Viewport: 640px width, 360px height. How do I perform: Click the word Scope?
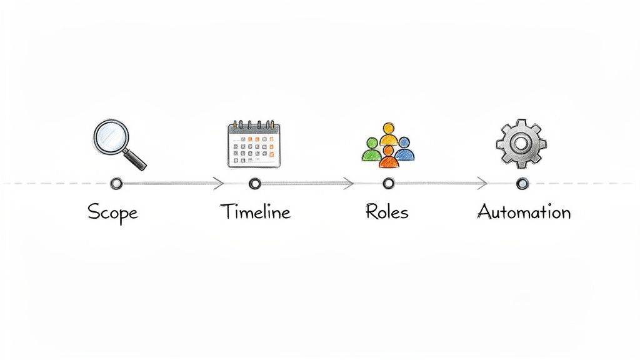pos(112,212)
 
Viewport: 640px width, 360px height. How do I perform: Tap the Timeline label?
pos(255,212)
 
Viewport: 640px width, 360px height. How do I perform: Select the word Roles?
pos(387,212)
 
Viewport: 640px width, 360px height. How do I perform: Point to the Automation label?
pos(524,212)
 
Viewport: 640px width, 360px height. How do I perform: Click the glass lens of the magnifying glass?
pos(111,136)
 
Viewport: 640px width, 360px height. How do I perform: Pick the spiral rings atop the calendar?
pos(254,124)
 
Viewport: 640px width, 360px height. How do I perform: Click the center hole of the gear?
pos(521,144)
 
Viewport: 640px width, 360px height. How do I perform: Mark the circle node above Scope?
pos(116,183)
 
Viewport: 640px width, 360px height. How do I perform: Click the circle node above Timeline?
pos(254,183)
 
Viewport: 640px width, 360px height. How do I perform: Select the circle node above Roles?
pos(388,183)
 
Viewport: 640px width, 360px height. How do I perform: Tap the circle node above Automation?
pos(522,183)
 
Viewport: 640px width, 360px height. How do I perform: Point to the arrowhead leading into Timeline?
pos(219,183)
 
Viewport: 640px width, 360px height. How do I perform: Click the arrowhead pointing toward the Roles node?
pos(349,183)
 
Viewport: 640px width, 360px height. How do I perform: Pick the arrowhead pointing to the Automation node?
pos(482,183)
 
